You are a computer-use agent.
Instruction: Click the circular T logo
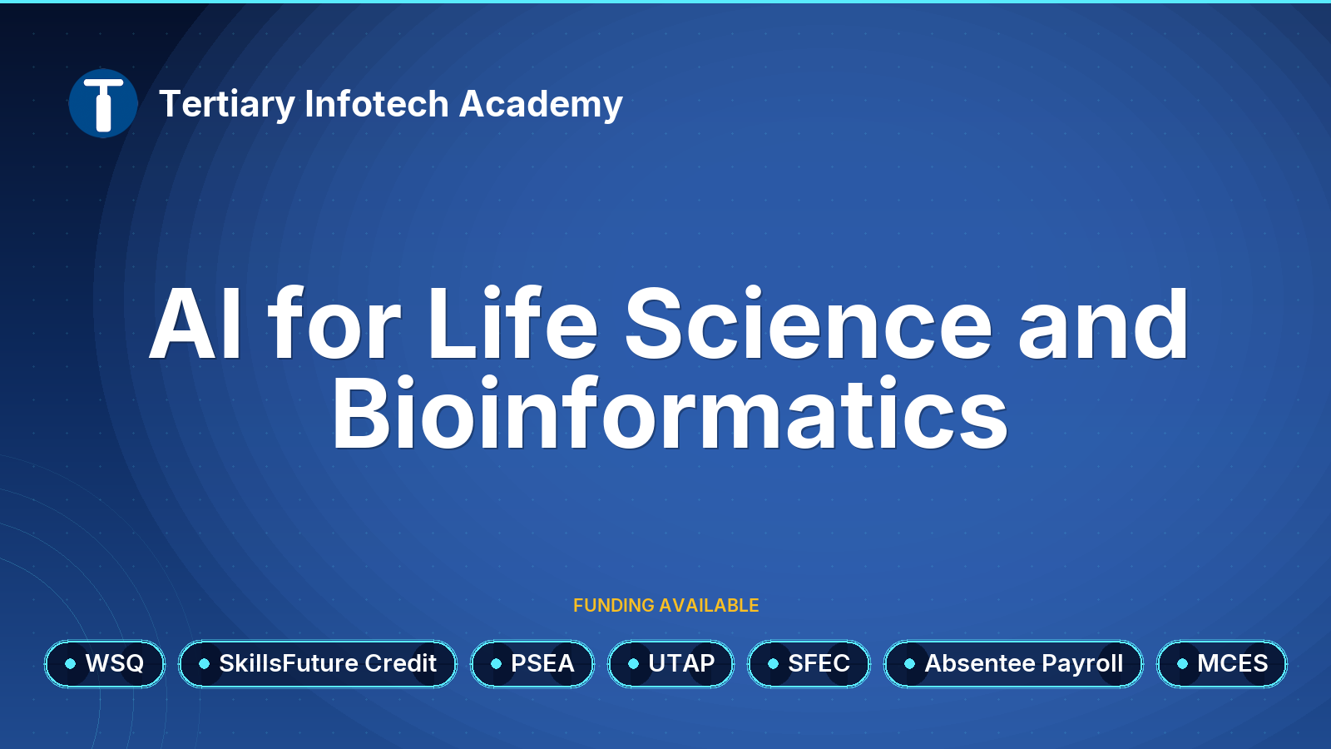[x=103, y=103]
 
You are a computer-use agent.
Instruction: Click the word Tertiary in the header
[x=227, y=105]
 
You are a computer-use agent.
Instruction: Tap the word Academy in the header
[x=541, y=105]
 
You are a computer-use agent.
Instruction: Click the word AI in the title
[x=195, y=324]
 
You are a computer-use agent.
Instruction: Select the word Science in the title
[x=808, y=323]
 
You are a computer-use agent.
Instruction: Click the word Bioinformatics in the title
[x=669, y=413]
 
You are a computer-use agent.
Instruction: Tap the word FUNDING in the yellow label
[x=614, y=605]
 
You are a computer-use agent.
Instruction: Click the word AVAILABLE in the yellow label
[x=709, y=605]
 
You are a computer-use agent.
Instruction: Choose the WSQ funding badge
[x=105, y=663]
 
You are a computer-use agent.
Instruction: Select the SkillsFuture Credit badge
[x=318, y=663]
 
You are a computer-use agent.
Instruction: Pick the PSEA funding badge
[x=532, y=663]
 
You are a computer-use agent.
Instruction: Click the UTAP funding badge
[x=670, y=663]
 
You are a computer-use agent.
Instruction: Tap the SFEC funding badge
[x=809, y=663]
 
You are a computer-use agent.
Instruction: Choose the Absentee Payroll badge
[x=1014, y=663]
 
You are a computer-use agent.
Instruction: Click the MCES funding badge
[x=1222, y=663]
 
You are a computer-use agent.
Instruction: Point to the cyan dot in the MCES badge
[x=1182, y=663]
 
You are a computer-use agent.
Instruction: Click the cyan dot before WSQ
[x=70, y=663]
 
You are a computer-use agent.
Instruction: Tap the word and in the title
[x=1103, y=324]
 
